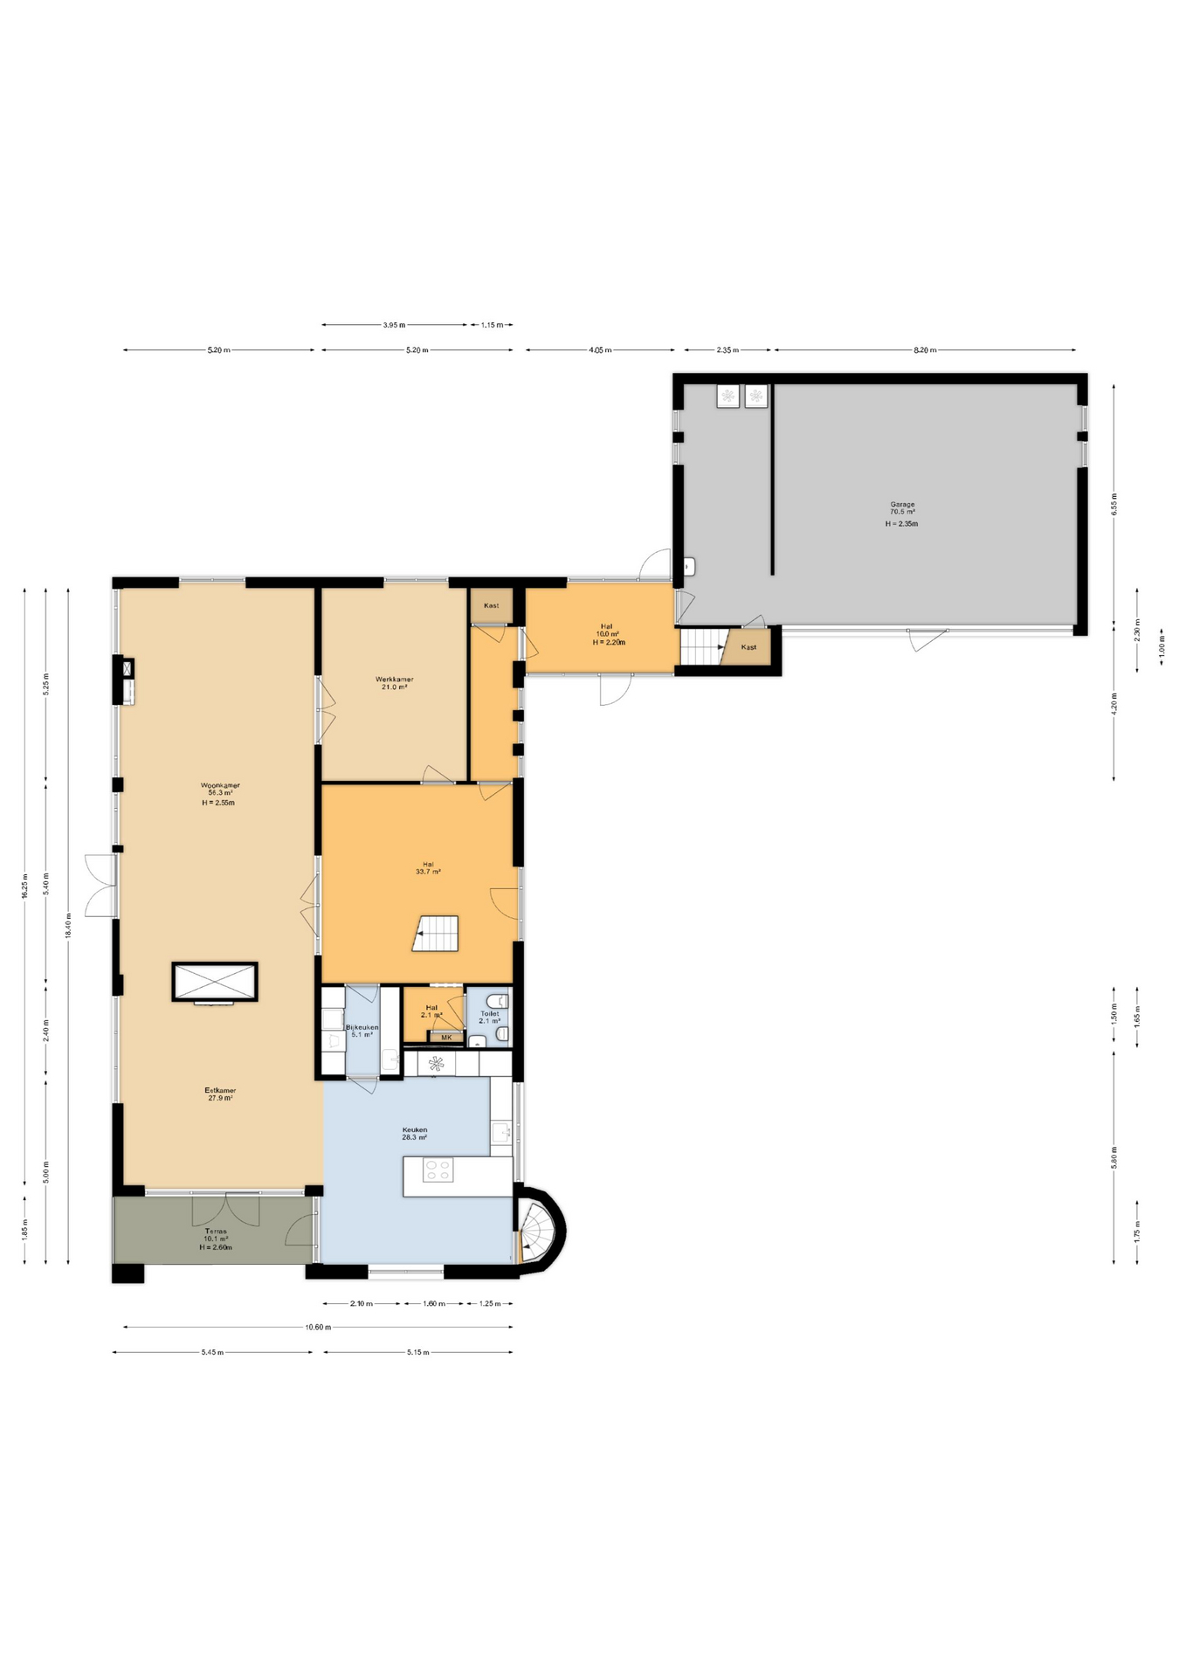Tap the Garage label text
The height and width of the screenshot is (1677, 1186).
(902, 505)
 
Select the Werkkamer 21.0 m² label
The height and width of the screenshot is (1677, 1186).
(395, 683)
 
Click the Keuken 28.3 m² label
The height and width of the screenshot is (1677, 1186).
(414, 1134)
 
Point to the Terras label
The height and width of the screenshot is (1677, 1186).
(216, 1232)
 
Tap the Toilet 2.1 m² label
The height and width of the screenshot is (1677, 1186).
(489, 1018)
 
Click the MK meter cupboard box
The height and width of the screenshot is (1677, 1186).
(446, 1038)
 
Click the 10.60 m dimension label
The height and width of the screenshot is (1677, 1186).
(318, 1328)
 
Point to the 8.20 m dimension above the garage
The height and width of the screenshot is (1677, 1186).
(925, 350)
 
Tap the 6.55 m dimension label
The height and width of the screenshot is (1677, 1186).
(1114, 504)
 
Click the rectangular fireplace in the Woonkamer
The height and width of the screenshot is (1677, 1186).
(215, 983)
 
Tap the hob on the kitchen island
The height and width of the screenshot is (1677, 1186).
(438, 1170)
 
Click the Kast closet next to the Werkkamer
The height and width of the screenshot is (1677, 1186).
(491, 605)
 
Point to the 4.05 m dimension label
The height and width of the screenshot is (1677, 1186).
(600, 350)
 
